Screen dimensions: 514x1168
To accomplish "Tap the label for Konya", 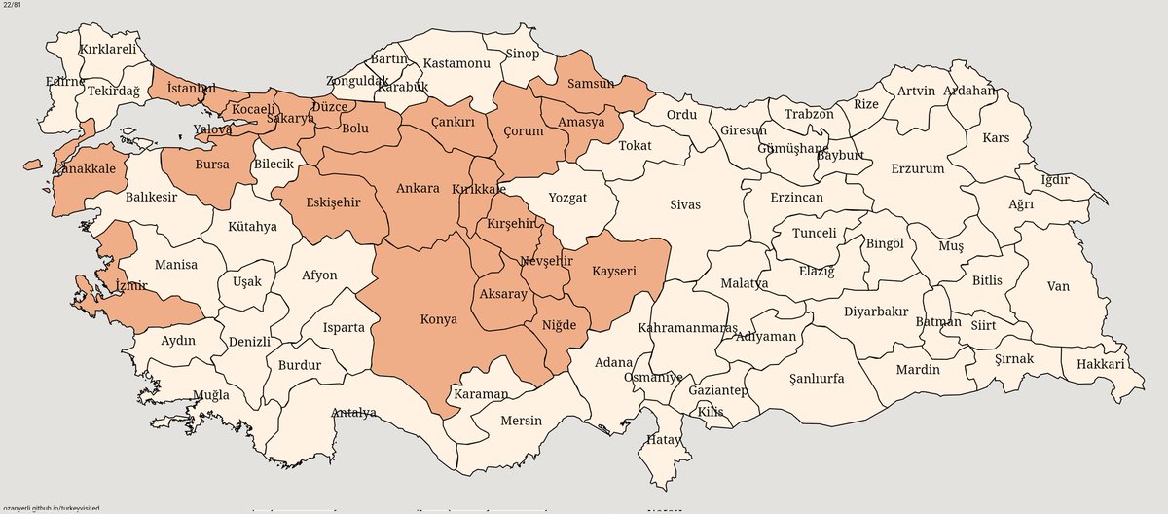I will pyautogui.click(x=437, y=318).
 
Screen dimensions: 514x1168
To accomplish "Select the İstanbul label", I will pyautogui.click(x=192, y=89).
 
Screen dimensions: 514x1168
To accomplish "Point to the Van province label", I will pyautogui.click(x=1057, y=286).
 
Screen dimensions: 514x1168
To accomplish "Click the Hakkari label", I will pyautogui.click(x=1100, y=365).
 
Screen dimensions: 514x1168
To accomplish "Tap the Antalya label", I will pyautogui.click(x=353, y=413).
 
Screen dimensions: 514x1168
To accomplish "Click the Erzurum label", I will pyautogui.click(x=917, y=168).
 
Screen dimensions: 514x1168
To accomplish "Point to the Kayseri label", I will pyautogui.click(x=613, y=272).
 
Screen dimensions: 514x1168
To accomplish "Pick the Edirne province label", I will pyautogui.click(x=65, y=82).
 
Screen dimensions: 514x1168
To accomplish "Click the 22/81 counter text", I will pyautogui.click(x=15, y=8).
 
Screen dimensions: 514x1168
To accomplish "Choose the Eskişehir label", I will pyautogui.click(x=334, y=202).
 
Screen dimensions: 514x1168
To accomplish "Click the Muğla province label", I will pyautogui.click(x=211, y=395).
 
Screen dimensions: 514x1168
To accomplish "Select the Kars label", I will pyautogui.click(x=996, y=138).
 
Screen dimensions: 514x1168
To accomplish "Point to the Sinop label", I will pyautogui.click(x=522, y=54).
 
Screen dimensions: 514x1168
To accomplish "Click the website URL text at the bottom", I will pyautogui.click(x=50, y=508).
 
